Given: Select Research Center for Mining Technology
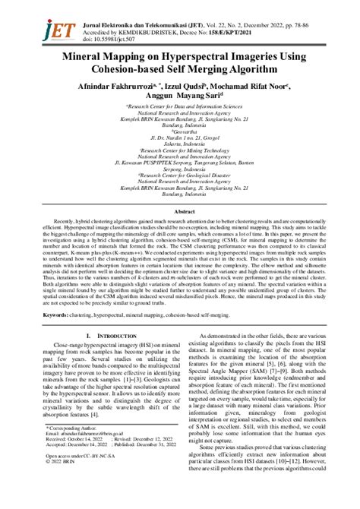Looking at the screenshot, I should (179, 151).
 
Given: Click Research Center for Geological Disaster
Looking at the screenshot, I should (179, 172).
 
